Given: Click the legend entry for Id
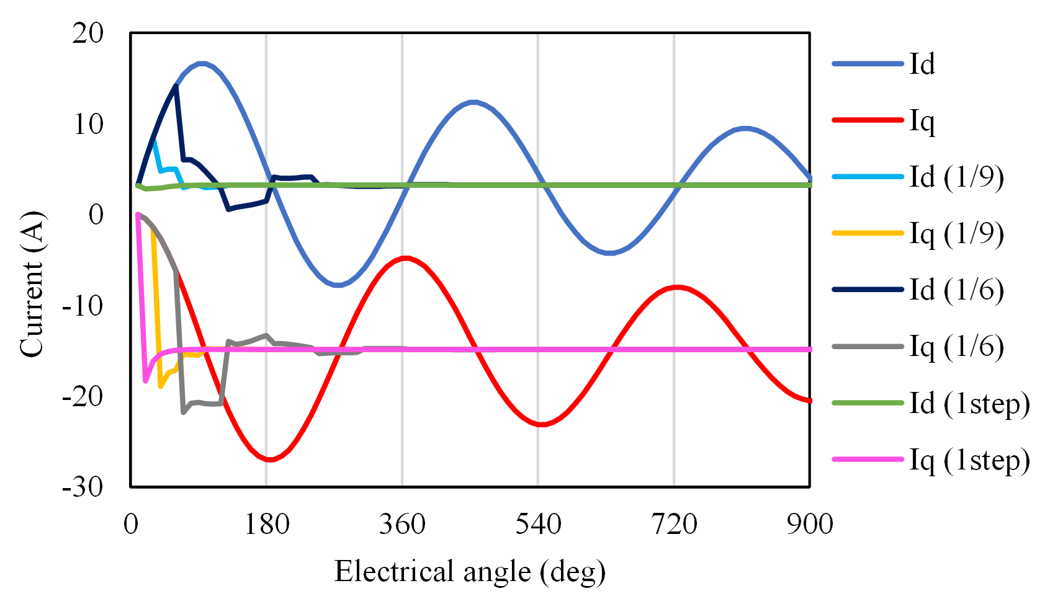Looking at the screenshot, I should (x=922, y=64).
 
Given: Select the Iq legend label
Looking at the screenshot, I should (x=922, y=121).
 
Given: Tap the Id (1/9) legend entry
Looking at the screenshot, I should (x=956, y=177).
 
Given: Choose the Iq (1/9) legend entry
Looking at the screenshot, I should (x=956, y=233).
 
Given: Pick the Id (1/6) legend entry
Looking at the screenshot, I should (x=956, y=290).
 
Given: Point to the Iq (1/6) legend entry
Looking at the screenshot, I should (x=956, y=346).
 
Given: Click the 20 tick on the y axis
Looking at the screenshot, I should (x=87, y=33).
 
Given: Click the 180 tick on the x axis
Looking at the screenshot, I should (x=267, y=525).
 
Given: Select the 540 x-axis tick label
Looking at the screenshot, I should (x=538, y=525).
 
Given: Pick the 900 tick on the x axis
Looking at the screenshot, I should (x=810, y=525).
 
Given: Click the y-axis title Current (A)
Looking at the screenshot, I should (x=32, y=285).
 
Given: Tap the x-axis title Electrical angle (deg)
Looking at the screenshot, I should (x=470, y=571).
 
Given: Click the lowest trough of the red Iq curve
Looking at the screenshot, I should (x=270, y=460).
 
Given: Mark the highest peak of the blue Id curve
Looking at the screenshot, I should (x=202, y=63).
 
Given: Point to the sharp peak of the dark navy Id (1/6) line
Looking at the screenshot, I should (x=176, y=86).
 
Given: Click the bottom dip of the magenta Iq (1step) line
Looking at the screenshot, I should (x=146, y=381).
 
